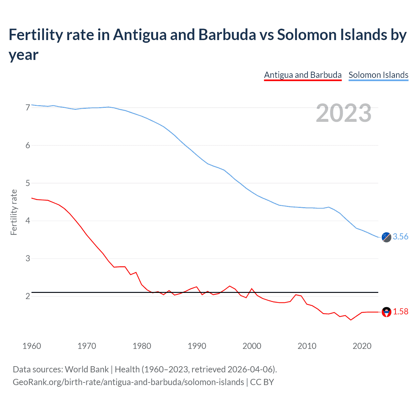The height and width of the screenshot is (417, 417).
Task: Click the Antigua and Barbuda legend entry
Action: pos(303,75)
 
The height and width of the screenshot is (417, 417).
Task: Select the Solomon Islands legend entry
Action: pos(378,75)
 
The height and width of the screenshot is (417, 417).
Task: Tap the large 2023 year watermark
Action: pos(344,113)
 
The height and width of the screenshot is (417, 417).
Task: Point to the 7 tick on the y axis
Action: pos(28,108)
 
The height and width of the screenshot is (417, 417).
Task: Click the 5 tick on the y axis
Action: pos(28,183)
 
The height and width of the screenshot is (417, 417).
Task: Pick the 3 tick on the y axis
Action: pos(28,259)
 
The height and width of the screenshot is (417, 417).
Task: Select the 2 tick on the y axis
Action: pos(28,296)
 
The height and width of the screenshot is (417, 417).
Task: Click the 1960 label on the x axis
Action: pos(32,346)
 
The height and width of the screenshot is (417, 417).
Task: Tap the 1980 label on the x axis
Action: pos(142,346)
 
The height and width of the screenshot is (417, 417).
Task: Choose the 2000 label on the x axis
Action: pos(252,346)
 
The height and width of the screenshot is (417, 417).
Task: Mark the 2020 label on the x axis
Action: pos(362,346)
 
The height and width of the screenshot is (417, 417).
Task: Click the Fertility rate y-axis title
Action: pos(14,212)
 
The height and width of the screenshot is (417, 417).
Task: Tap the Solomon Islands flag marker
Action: pos(386,237)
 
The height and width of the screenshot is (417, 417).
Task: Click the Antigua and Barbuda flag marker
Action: pos(386,312)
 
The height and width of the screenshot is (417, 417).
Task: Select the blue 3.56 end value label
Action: pos(400,237)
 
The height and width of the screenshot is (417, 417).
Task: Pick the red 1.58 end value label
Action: pos(400,312)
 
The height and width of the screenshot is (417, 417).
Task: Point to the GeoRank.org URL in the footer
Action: pos(128,382)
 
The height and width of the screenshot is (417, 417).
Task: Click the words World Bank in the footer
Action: pos(87,369)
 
